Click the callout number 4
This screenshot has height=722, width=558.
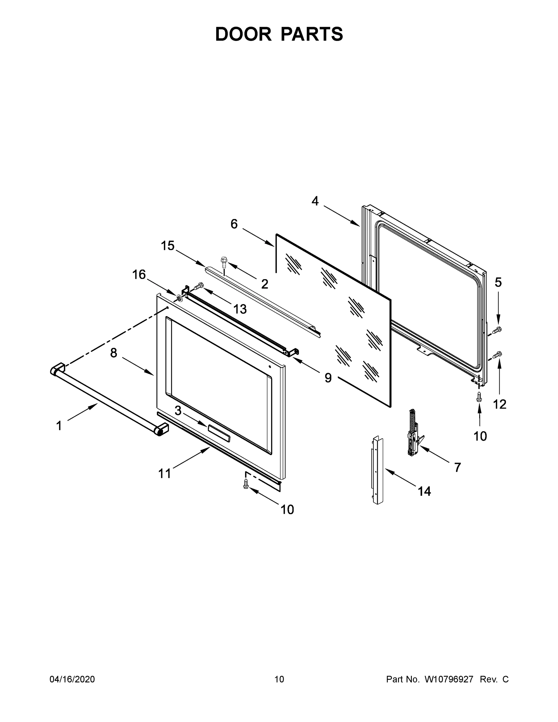315,201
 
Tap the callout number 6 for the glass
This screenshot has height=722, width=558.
234,224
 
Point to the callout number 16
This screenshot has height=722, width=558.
139,274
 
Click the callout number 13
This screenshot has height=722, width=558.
240,309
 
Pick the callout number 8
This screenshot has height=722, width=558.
114,353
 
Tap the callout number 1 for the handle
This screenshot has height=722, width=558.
59,426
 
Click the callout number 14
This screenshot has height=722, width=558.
424,492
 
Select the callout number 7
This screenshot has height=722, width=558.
458,467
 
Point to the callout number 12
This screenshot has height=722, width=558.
499,404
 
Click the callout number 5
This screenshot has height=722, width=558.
498,282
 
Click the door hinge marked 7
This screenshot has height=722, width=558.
413,433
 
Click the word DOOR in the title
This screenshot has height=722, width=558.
243,34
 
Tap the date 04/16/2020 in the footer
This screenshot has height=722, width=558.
72,679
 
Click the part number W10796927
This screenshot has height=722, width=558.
449,679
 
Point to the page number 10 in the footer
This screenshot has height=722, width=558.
279,679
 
